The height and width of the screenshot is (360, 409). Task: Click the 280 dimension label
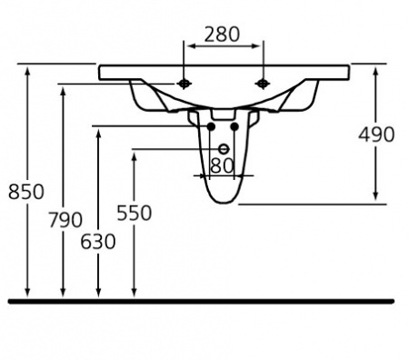point(222,35)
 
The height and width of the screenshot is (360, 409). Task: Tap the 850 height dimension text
point(26,192)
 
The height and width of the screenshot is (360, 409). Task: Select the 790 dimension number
point(65,220)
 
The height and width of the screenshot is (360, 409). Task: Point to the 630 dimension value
point(98,242)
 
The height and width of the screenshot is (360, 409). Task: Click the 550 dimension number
point(135,213)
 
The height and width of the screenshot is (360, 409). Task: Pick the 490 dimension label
point(376,135)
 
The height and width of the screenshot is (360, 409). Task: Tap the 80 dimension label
point(222,165)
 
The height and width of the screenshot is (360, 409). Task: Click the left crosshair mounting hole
point(184,84)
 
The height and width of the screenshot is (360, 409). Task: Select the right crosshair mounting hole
point(263,84)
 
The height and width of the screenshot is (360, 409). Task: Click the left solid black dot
point(211,126)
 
